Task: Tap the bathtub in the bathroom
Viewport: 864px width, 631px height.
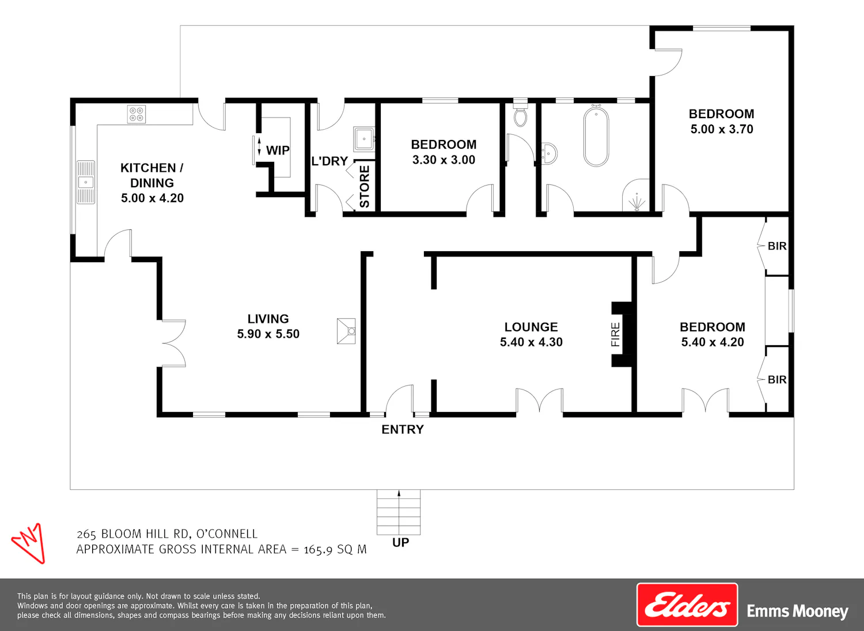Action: (596, 136)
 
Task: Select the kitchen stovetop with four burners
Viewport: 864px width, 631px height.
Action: (137, 114)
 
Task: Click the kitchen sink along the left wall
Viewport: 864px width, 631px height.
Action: (86, 182)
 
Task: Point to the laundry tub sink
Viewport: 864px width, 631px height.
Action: (363, 139)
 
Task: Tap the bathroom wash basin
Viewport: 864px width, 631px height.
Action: (549, 154)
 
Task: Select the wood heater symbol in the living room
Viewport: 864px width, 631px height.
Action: (346, 331)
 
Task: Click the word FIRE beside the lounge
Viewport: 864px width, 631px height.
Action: (615, 334)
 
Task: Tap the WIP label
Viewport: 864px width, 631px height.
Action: (278, 150)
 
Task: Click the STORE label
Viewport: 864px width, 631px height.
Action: (365, 186)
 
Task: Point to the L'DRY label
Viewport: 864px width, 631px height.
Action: (329, 161)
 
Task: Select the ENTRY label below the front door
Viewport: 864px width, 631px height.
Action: (403, 429)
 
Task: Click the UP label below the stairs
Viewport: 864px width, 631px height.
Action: (401, 543)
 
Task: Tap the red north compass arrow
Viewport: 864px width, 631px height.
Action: (29, 543)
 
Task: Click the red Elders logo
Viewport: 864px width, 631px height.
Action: (687, 604)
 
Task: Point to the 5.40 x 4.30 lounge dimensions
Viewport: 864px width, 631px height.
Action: (531, 342)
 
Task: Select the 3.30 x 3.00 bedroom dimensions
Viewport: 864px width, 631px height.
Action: (444, 160)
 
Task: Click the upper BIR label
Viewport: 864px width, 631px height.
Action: (777, 246)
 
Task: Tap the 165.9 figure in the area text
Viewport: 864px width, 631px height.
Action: (318, 550)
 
